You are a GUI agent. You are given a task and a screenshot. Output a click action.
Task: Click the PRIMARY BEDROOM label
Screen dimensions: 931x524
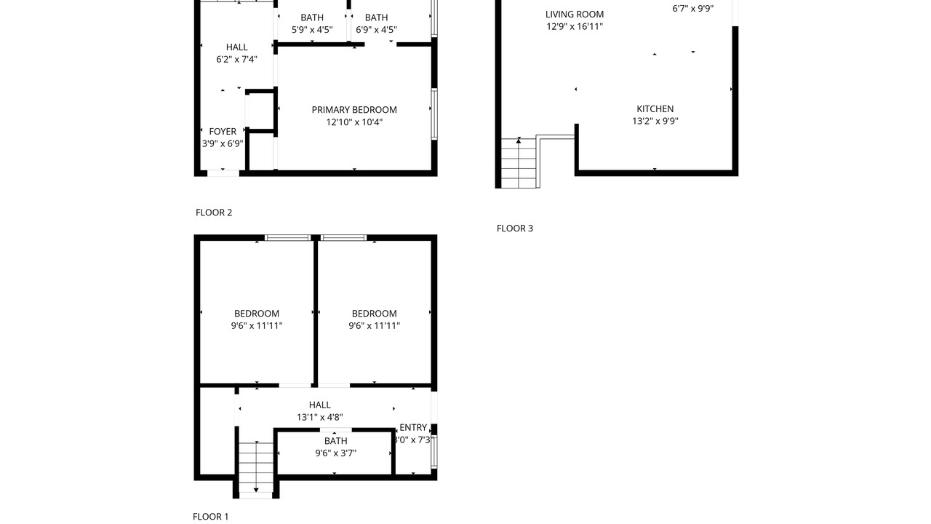(354, 110)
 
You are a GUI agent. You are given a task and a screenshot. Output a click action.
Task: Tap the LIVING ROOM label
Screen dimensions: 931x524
(575, 15)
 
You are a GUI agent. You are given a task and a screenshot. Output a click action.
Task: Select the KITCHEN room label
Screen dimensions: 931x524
(655, 109)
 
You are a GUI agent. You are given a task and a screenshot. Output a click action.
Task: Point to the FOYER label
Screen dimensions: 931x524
(223, 132)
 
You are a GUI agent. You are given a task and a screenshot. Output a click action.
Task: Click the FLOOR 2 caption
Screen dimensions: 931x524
(214, 213)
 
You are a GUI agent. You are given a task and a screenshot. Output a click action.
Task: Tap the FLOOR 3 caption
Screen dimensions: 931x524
(514, 229)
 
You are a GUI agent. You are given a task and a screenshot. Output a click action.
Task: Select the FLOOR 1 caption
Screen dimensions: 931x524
(210, 517)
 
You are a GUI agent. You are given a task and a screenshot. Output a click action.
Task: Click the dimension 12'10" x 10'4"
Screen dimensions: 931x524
(354, 122)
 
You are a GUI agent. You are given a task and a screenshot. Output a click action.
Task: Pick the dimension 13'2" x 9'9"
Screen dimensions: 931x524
(655, 121)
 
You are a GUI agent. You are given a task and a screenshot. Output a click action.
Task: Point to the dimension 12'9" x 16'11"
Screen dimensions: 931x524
(575, 27)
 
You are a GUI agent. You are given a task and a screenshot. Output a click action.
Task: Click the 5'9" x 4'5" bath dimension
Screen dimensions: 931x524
(312, 30)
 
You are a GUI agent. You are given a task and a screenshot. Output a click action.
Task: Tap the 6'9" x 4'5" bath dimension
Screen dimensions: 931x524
(376, 30)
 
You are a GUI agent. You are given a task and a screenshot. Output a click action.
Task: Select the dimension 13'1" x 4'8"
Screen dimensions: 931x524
(319, 417)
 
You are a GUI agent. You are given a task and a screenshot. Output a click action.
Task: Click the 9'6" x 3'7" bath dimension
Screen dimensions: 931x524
(336, 453)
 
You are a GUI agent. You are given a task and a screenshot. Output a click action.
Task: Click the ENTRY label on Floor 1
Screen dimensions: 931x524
(413, 427)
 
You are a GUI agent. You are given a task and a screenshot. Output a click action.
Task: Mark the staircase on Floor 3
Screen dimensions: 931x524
(519, 162)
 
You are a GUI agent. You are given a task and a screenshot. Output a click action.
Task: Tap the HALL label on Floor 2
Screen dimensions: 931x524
(237, 47)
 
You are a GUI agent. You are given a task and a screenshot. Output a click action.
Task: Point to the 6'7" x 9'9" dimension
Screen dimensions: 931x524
(693, 9)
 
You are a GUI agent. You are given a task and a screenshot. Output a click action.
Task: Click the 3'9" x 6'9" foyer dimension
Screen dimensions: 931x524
(223, 144)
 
